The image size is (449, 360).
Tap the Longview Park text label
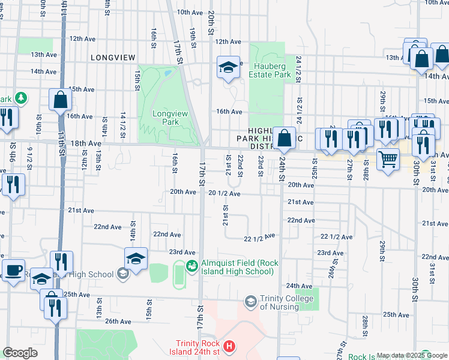click(x=166, y=117)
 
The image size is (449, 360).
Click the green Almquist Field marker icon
click(x=192, y=266)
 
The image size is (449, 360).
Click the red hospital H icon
click(x=228, y=346)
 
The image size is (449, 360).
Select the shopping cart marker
click(x=388, y=159)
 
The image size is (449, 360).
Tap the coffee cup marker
click(x=13, y=269)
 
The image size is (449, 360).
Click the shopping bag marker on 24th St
click(x=285, y=137)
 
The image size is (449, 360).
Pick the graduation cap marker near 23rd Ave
click(x=136, y=259)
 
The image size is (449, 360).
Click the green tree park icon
click(x=21, y=97)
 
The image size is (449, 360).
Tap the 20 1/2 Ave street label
click(x=224, y=194)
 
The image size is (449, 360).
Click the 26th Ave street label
click(x=118, y=322)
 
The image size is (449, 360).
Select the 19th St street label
click(x=193, y=37)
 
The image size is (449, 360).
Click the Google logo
click(x=20, y=353)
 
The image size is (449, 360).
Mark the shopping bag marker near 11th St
click(x=61, y=100)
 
